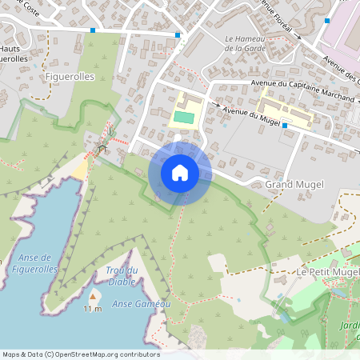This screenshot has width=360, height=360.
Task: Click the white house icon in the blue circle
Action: [x=180, y=172]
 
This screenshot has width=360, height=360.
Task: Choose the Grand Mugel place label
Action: [x=294, y=185]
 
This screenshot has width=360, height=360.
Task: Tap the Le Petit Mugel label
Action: [x=328, y=273]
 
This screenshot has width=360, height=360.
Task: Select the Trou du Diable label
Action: [x=122, y=275]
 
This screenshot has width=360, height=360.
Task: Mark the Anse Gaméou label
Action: [x=142, y=304]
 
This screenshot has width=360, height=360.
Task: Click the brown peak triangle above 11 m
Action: [x=94, y=296]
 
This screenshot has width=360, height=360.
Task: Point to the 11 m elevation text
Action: [x=93, y=309]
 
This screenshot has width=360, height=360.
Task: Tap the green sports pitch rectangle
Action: [x=184, y=118]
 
